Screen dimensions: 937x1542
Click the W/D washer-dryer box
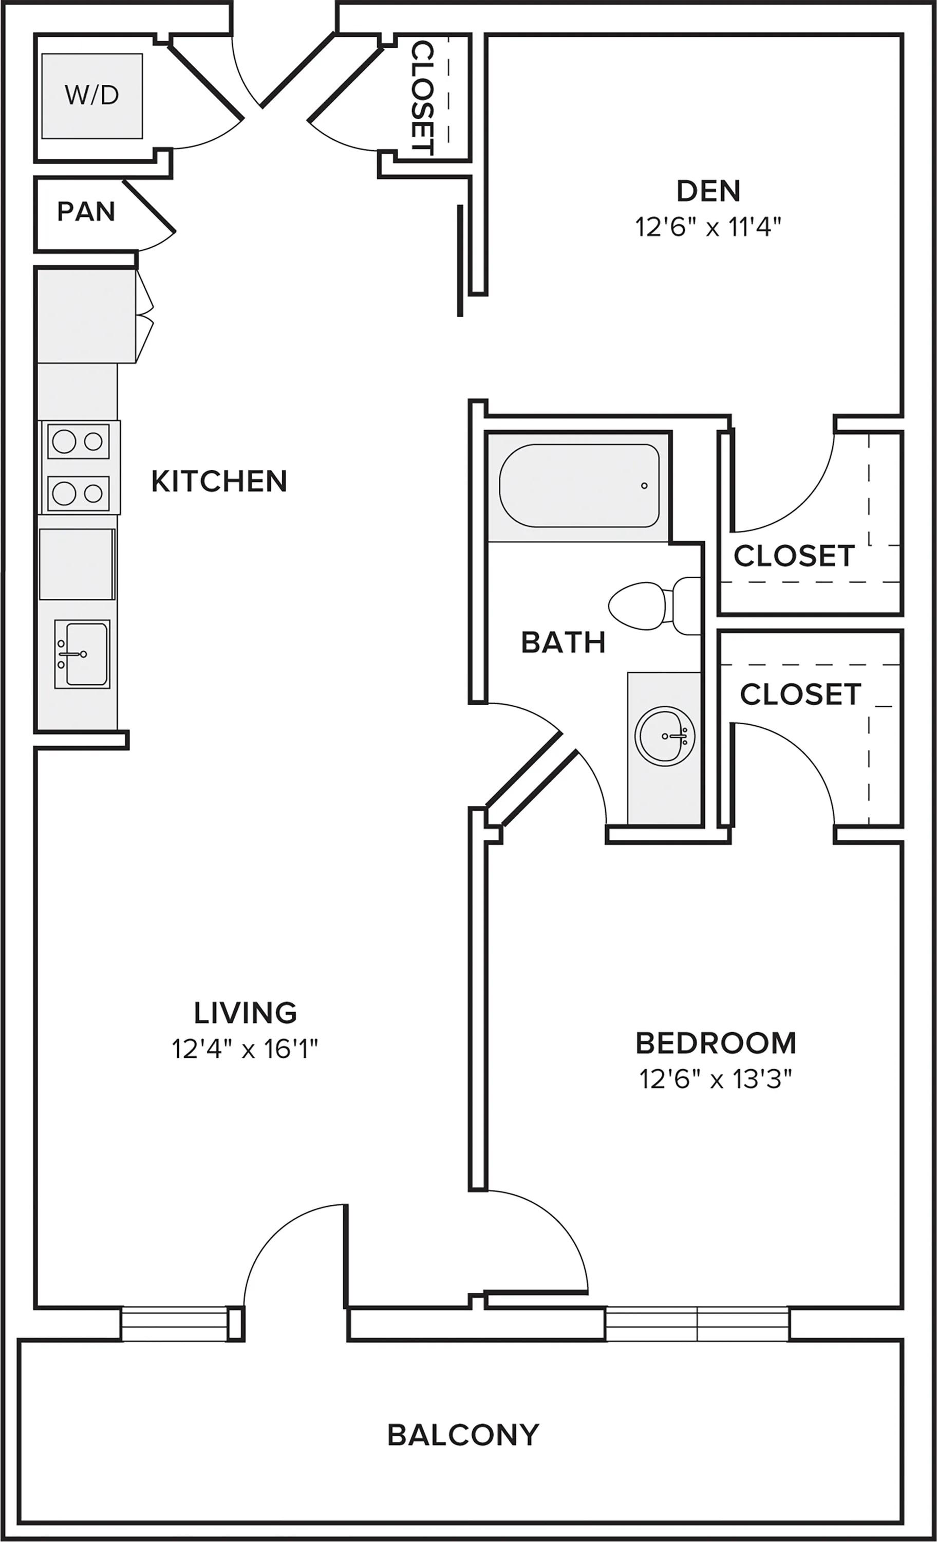92,96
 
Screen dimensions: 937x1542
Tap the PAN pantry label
86,212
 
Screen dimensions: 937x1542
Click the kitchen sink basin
83,654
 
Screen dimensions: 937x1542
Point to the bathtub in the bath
579,486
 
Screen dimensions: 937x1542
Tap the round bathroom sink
665,736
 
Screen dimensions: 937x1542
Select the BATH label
563,642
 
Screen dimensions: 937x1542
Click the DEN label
709,191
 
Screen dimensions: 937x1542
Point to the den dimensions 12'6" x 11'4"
709,227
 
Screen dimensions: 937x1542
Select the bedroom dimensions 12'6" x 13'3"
716,1079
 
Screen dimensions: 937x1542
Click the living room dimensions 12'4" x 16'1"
245,1049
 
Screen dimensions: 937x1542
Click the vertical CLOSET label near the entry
423,98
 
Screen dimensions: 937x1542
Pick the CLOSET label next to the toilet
794,556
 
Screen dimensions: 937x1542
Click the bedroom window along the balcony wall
698,1323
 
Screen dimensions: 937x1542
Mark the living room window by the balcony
175,1323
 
